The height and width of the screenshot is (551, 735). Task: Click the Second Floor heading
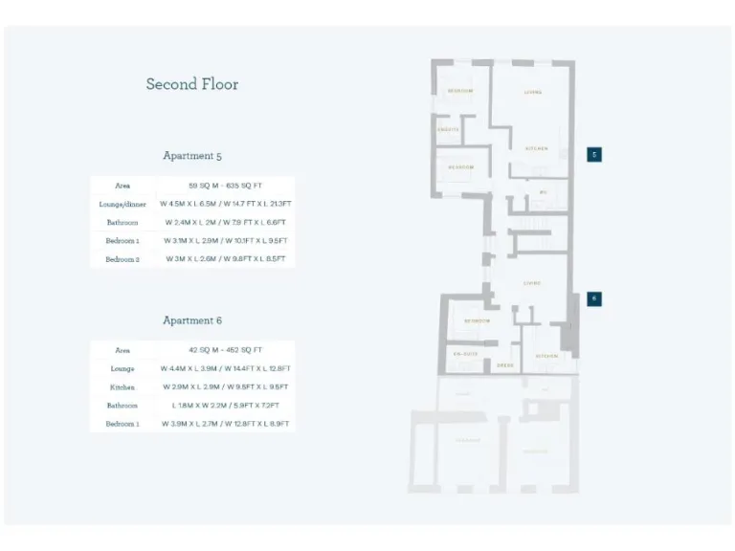point(192,84)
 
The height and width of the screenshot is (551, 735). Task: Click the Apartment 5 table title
point(192,156)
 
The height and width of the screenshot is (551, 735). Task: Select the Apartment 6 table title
point(192,321)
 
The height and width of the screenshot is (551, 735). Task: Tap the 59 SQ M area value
point(226,186)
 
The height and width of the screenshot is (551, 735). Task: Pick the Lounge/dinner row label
point(122,204)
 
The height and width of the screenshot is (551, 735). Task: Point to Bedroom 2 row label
point(122,259)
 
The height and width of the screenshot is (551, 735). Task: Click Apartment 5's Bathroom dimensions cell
point(226,223)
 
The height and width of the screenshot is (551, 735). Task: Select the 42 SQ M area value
point(226,351)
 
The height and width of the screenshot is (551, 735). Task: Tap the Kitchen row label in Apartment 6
point(122,387)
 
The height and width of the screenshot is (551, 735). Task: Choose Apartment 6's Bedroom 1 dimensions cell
point(226,424)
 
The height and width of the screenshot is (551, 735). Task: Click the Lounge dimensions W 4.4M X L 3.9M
point(226,369)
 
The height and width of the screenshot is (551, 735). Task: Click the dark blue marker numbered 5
point(593,154)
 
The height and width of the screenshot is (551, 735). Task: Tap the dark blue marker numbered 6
point(593,298)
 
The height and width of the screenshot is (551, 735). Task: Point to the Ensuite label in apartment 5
point(449,129)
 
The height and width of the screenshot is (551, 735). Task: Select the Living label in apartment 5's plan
point(533,93)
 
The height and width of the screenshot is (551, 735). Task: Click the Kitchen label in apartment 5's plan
point(534,148)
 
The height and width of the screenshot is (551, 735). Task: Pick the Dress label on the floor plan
point(504,364)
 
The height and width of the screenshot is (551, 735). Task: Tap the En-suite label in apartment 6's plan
point(464,354)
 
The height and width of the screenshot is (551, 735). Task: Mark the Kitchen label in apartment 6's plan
point(546,356)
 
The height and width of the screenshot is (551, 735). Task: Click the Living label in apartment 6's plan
point(532,283)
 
